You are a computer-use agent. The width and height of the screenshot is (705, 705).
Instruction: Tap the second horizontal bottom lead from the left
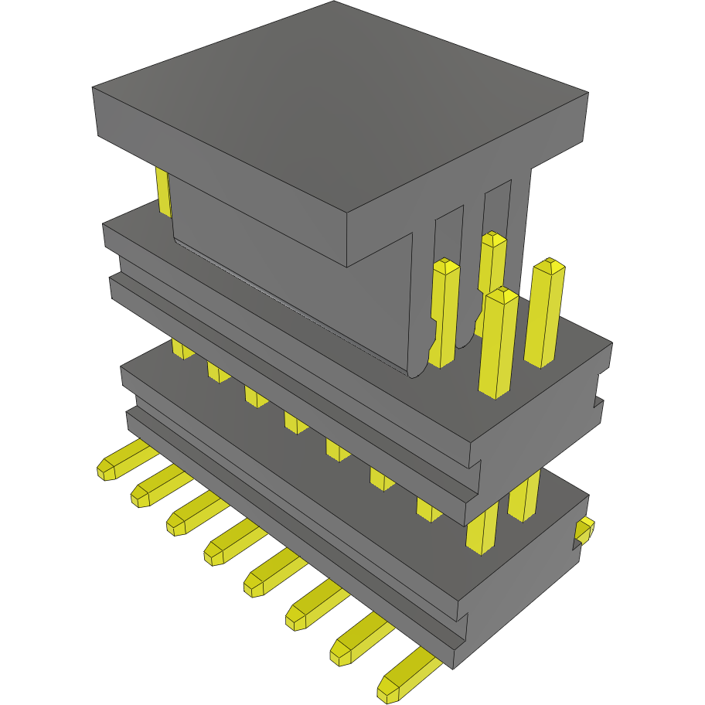pyautogui.click(x=159, y=487)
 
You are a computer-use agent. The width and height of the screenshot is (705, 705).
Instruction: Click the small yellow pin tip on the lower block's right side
pyautogui.click(x=584, y=530)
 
